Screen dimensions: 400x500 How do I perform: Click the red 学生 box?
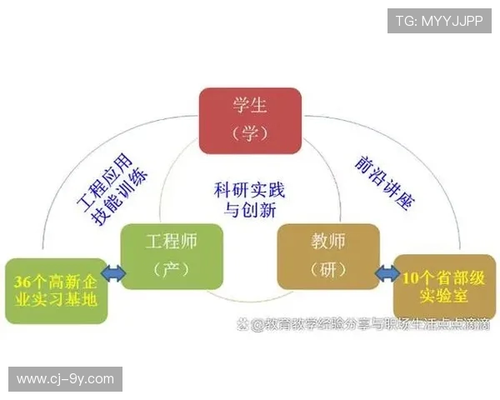point(250,120)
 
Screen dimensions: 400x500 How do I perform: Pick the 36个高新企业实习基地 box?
point(56,291)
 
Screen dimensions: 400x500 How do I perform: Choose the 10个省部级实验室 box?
point(438,287)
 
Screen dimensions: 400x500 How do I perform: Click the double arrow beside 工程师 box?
point(112,272)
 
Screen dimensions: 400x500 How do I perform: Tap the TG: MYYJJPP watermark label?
point(439,21)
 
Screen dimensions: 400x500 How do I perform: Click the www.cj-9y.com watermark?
point(65,379)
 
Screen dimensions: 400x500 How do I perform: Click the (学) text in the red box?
point(249,133)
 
